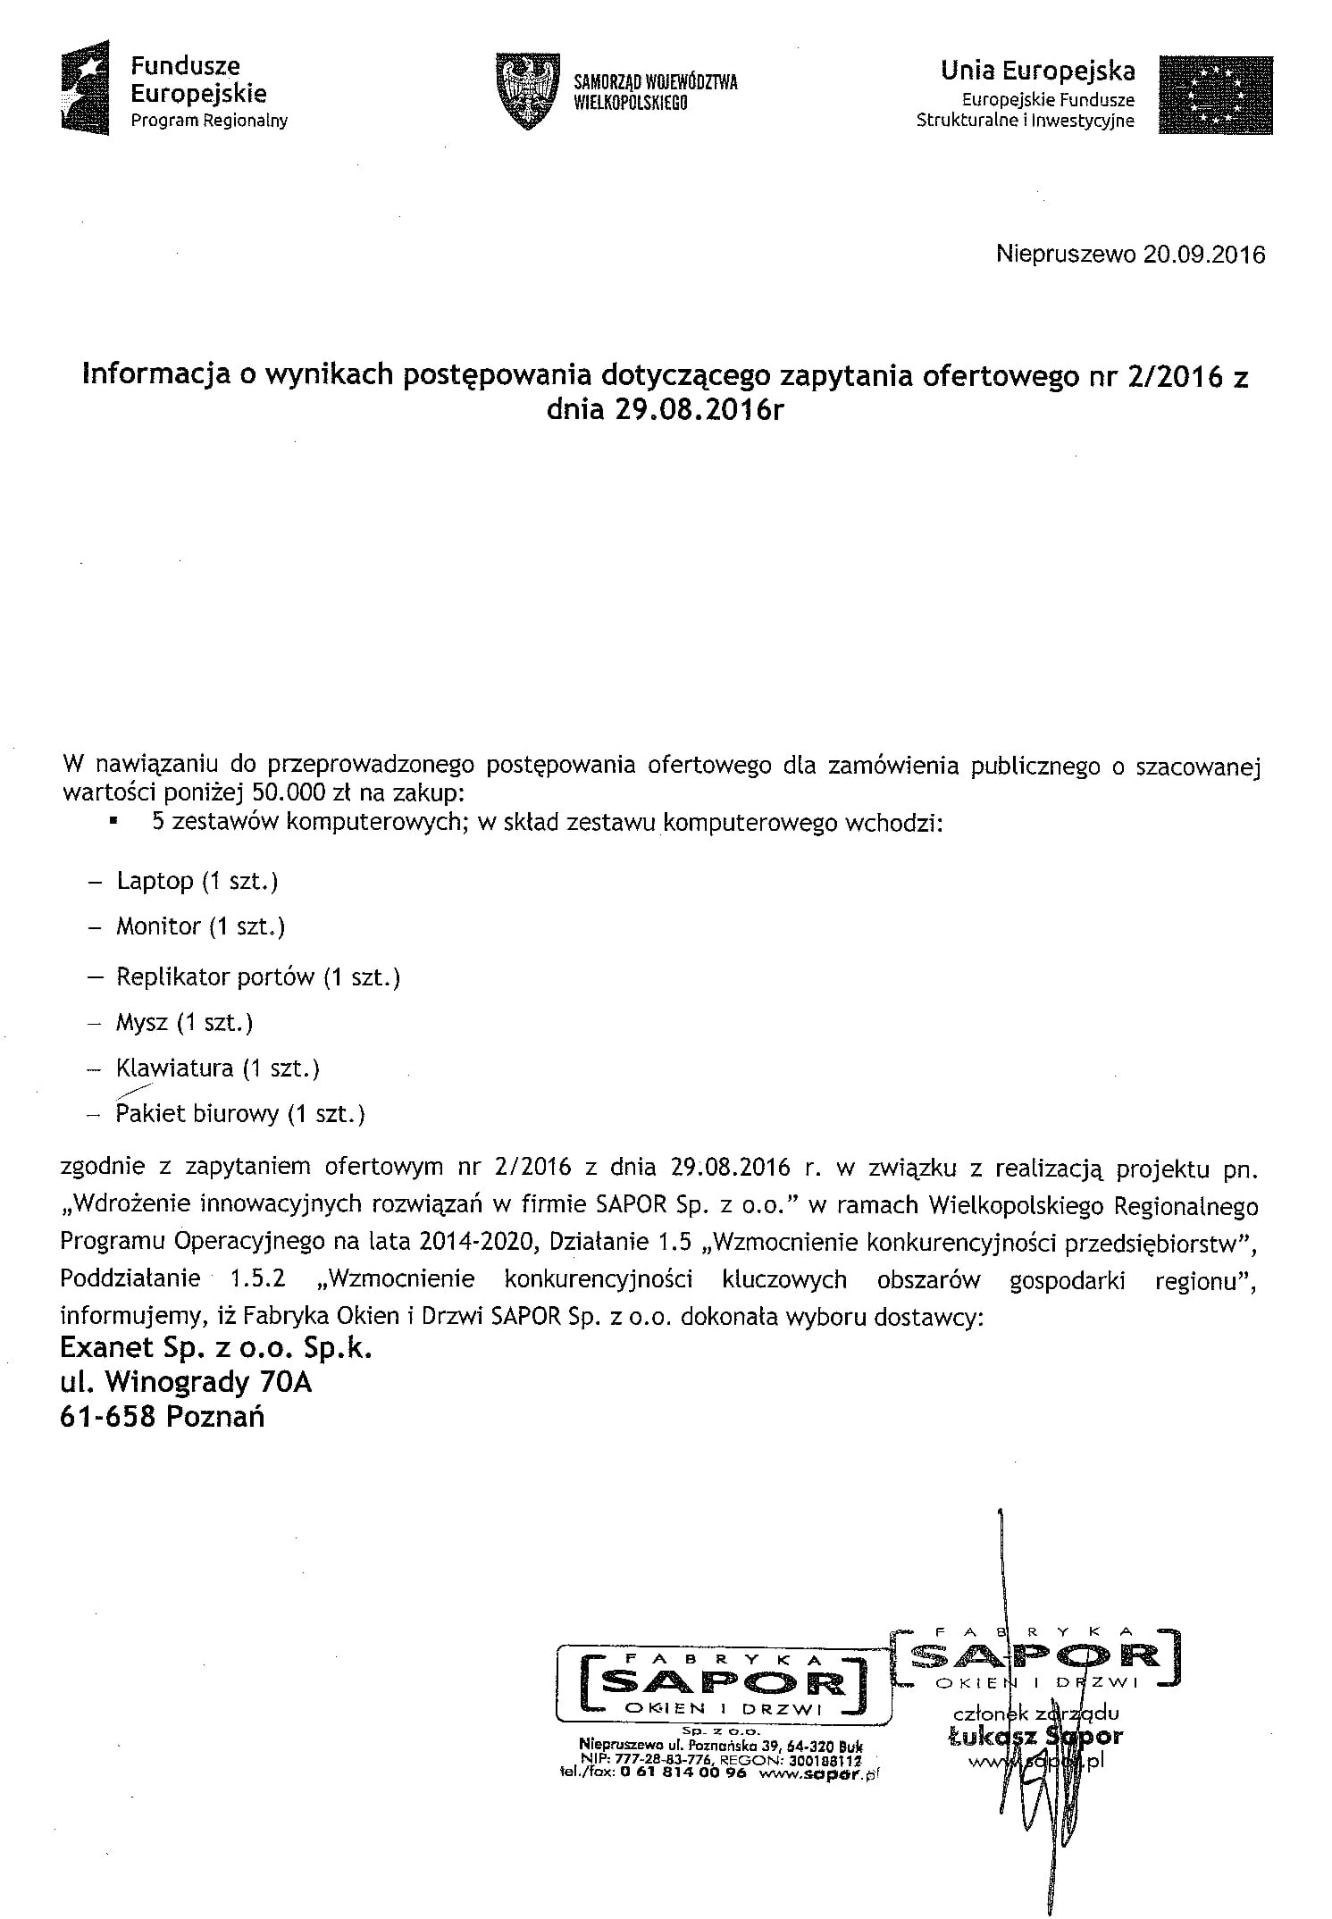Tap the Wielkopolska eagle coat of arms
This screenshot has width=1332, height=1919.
coord(528,92)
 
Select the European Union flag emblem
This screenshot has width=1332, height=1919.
coord(1215,95)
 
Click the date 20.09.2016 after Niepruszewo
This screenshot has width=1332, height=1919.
coord(1204,256)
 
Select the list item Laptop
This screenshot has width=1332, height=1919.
coord(155,882)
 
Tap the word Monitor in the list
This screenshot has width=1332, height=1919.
coord(158,926)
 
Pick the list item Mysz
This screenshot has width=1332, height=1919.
coord(142,1023)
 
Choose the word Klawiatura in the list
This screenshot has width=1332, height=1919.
coord(175,1068)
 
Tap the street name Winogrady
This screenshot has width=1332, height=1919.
coord(178,1382)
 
